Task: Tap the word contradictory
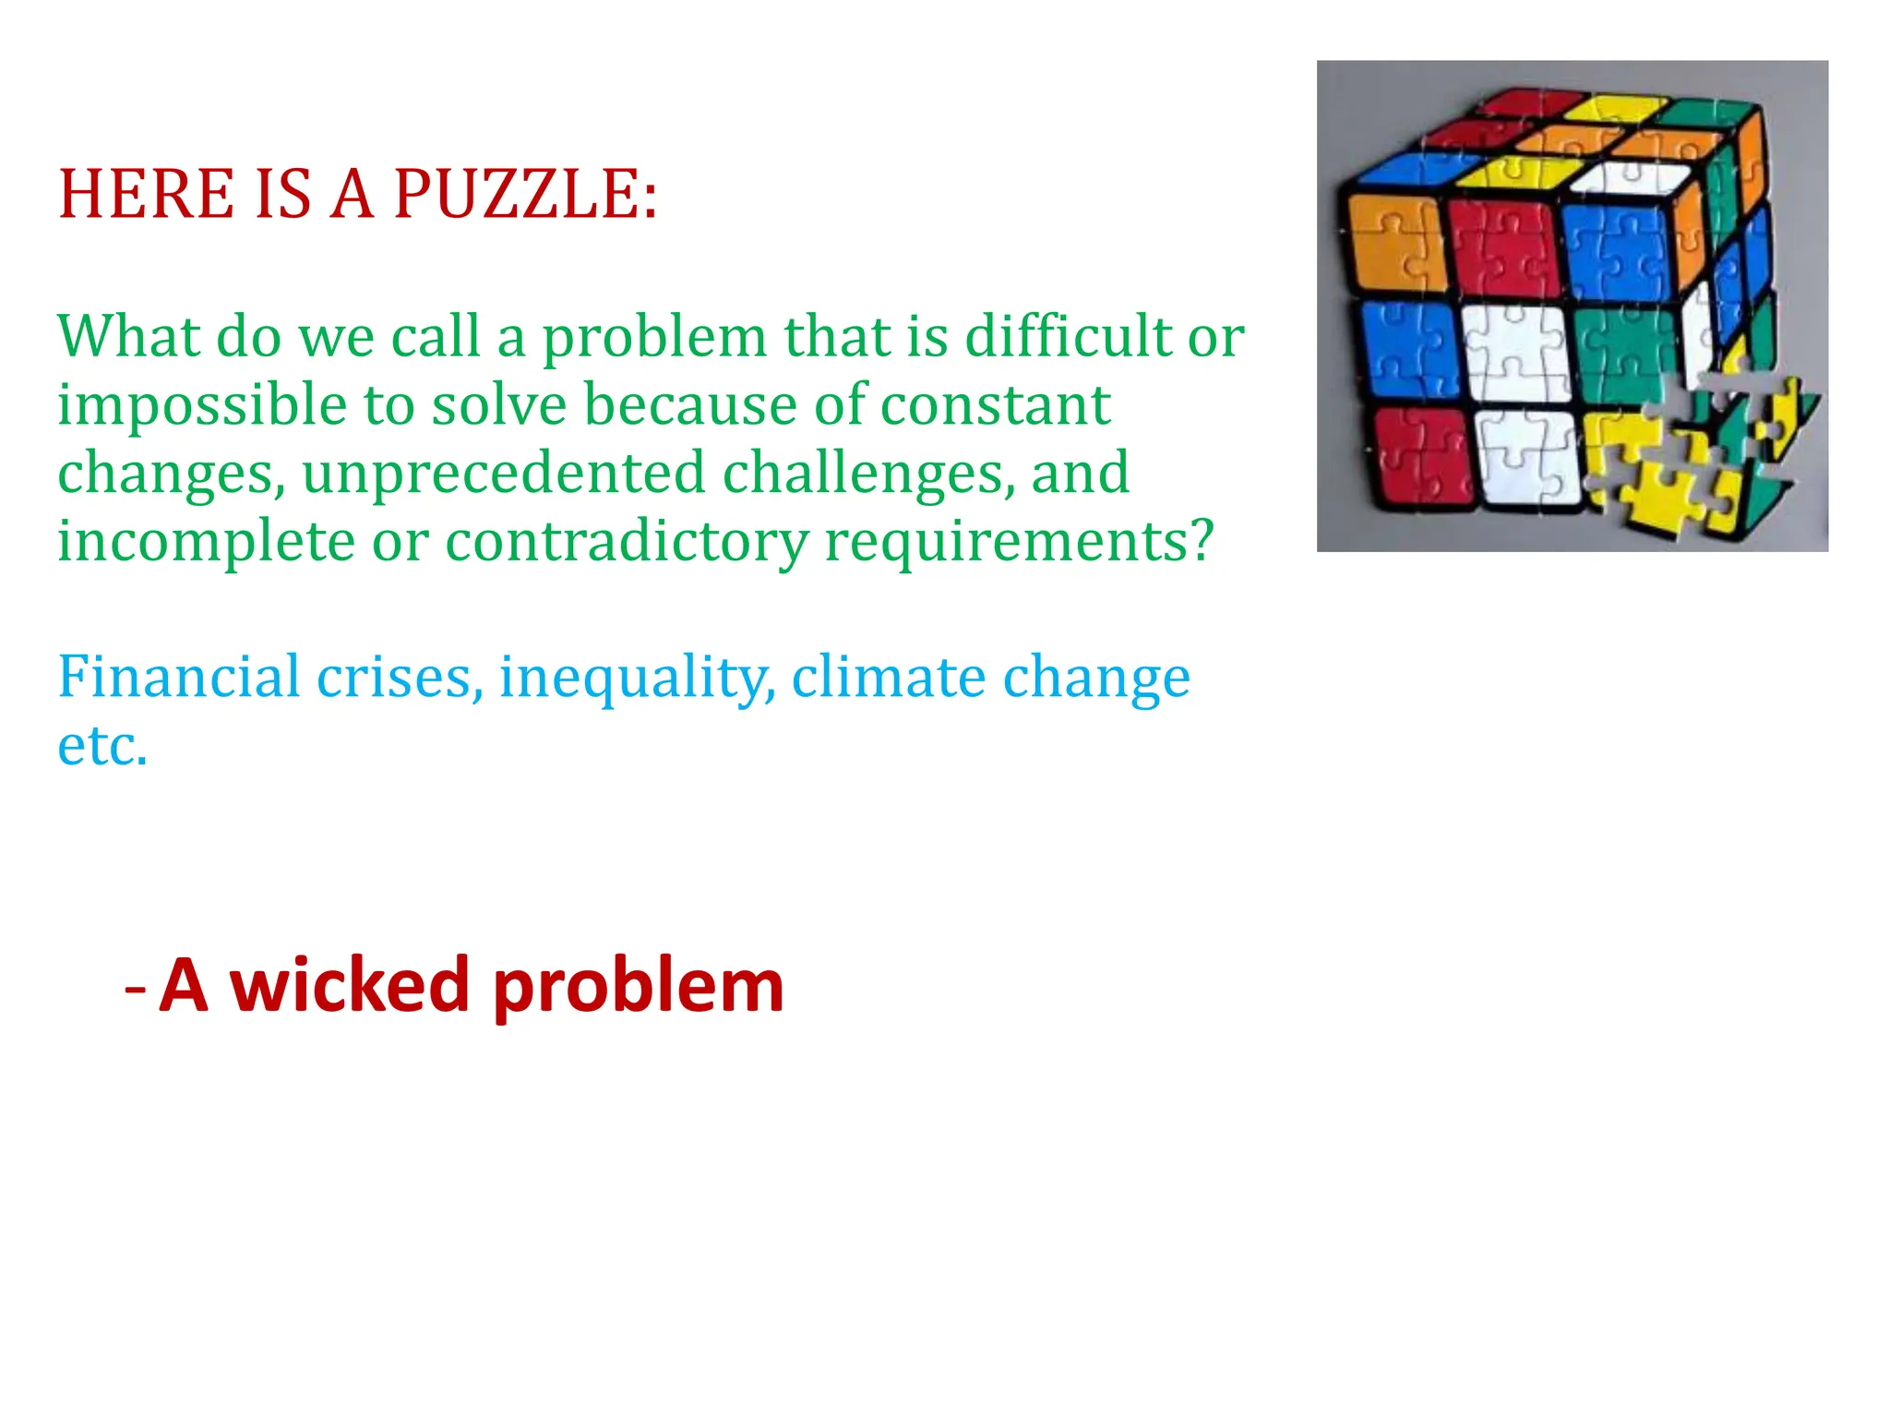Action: click(x=627, y=542)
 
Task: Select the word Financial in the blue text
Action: click(x=179, y=677)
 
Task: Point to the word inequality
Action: click(x=638, y=679)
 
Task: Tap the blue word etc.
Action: click(x=102, y=745)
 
